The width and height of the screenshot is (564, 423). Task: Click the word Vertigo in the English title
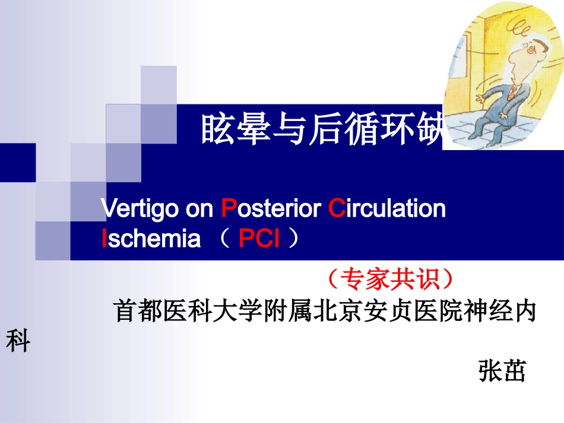tap(138, 209)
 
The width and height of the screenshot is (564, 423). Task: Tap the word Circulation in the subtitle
tap(386, 209)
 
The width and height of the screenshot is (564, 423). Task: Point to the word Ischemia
tap(151, 238)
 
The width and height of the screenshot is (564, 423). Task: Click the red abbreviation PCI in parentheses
tap(259, 238)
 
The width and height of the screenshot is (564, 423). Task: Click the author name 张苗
tap(502, 372)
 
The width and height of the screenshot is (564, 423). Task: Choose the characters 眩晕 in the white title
tap(235, 130)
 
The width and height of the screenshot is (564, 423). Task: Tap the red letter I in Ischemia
tap(104, 238)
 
